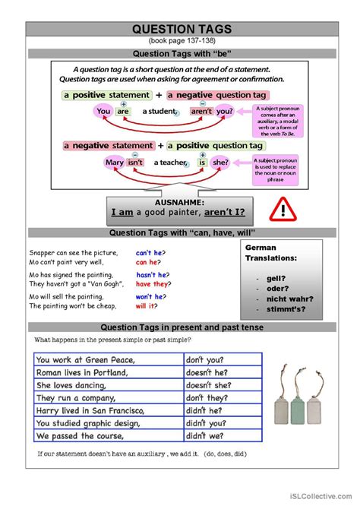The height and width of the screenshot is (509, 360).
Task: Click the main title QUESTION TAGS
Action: tap(182, 29)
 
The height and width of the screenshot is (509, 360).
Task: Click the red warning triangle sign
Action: tap(283, 207)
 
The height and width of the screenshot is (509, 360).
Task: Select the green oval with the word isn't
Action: tap(135, 162)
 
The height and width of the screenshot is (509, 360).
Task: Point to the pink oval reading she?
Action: tap(219, 162)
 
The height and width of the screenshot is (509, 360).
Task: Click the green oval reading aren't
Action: tap(201, 111)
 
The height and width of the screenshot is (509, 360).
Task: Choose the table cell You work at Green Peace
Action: tap(109, 359)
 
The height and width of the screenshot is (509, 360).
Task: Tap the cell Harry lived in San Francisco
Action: tap(109, 410)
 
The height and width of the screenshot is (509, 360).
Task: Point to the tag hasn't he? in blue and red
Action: tap(152, 275)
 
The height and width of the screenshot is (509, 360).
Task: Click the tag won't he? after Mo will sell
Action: tap(150, 296)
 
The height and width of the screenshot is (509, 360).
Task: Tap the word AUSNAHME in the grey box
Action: tap(181, 202)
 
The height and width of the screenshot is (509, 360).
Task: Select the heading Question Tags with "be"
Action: tap(182, 53)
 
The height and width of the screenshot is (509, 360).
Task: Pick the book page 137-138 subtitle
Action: tap(182, 40)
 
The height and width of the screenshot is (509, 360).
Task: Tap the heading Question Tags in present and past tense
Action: tap(182, 327)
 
